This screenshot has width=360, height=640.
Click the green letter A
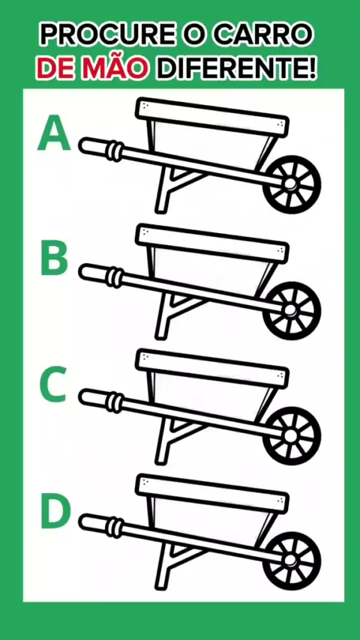click(54, 133)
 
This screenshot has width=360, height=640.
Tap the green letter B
click(54, 257)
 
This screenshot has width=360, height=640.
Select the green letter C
click(52, 384)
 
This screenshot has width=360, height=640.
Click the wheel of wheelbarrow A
click(291, 184)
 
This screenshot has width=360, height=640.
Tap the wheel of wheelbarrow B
click(291, 310)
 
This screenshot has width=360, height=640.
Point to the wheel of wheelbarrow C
click(291, 436)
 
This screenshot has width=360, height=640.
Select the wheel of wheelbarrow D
click(291, 561)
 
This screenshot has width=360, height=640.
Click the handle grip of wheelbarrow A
click(100, 148)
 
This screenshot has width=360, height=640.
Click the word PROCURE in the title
click(106, 34)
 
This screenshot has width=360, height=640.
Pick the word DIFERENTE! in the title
click(238, 69)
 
